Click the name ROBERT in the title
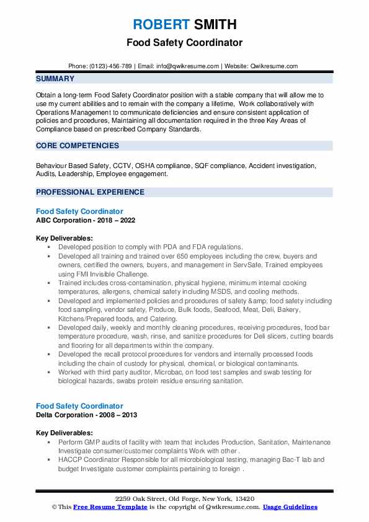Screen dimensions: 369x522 point(160,25)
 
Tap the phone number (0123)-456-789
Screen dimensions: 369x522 point(109,66)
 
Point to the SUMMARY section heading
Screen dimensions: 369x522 point(55,79)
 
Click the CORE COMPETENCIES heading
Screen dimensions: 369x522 point(78,146)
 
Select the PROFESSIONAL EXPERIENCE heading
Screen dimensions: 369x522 point(90,192)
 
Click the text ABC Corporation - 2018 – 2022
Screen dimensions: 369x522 point(86,220)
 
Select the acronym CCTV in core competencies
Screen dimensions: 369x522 point(120,166)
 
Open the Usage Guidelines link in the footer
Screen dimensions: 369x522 point(290,507)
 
